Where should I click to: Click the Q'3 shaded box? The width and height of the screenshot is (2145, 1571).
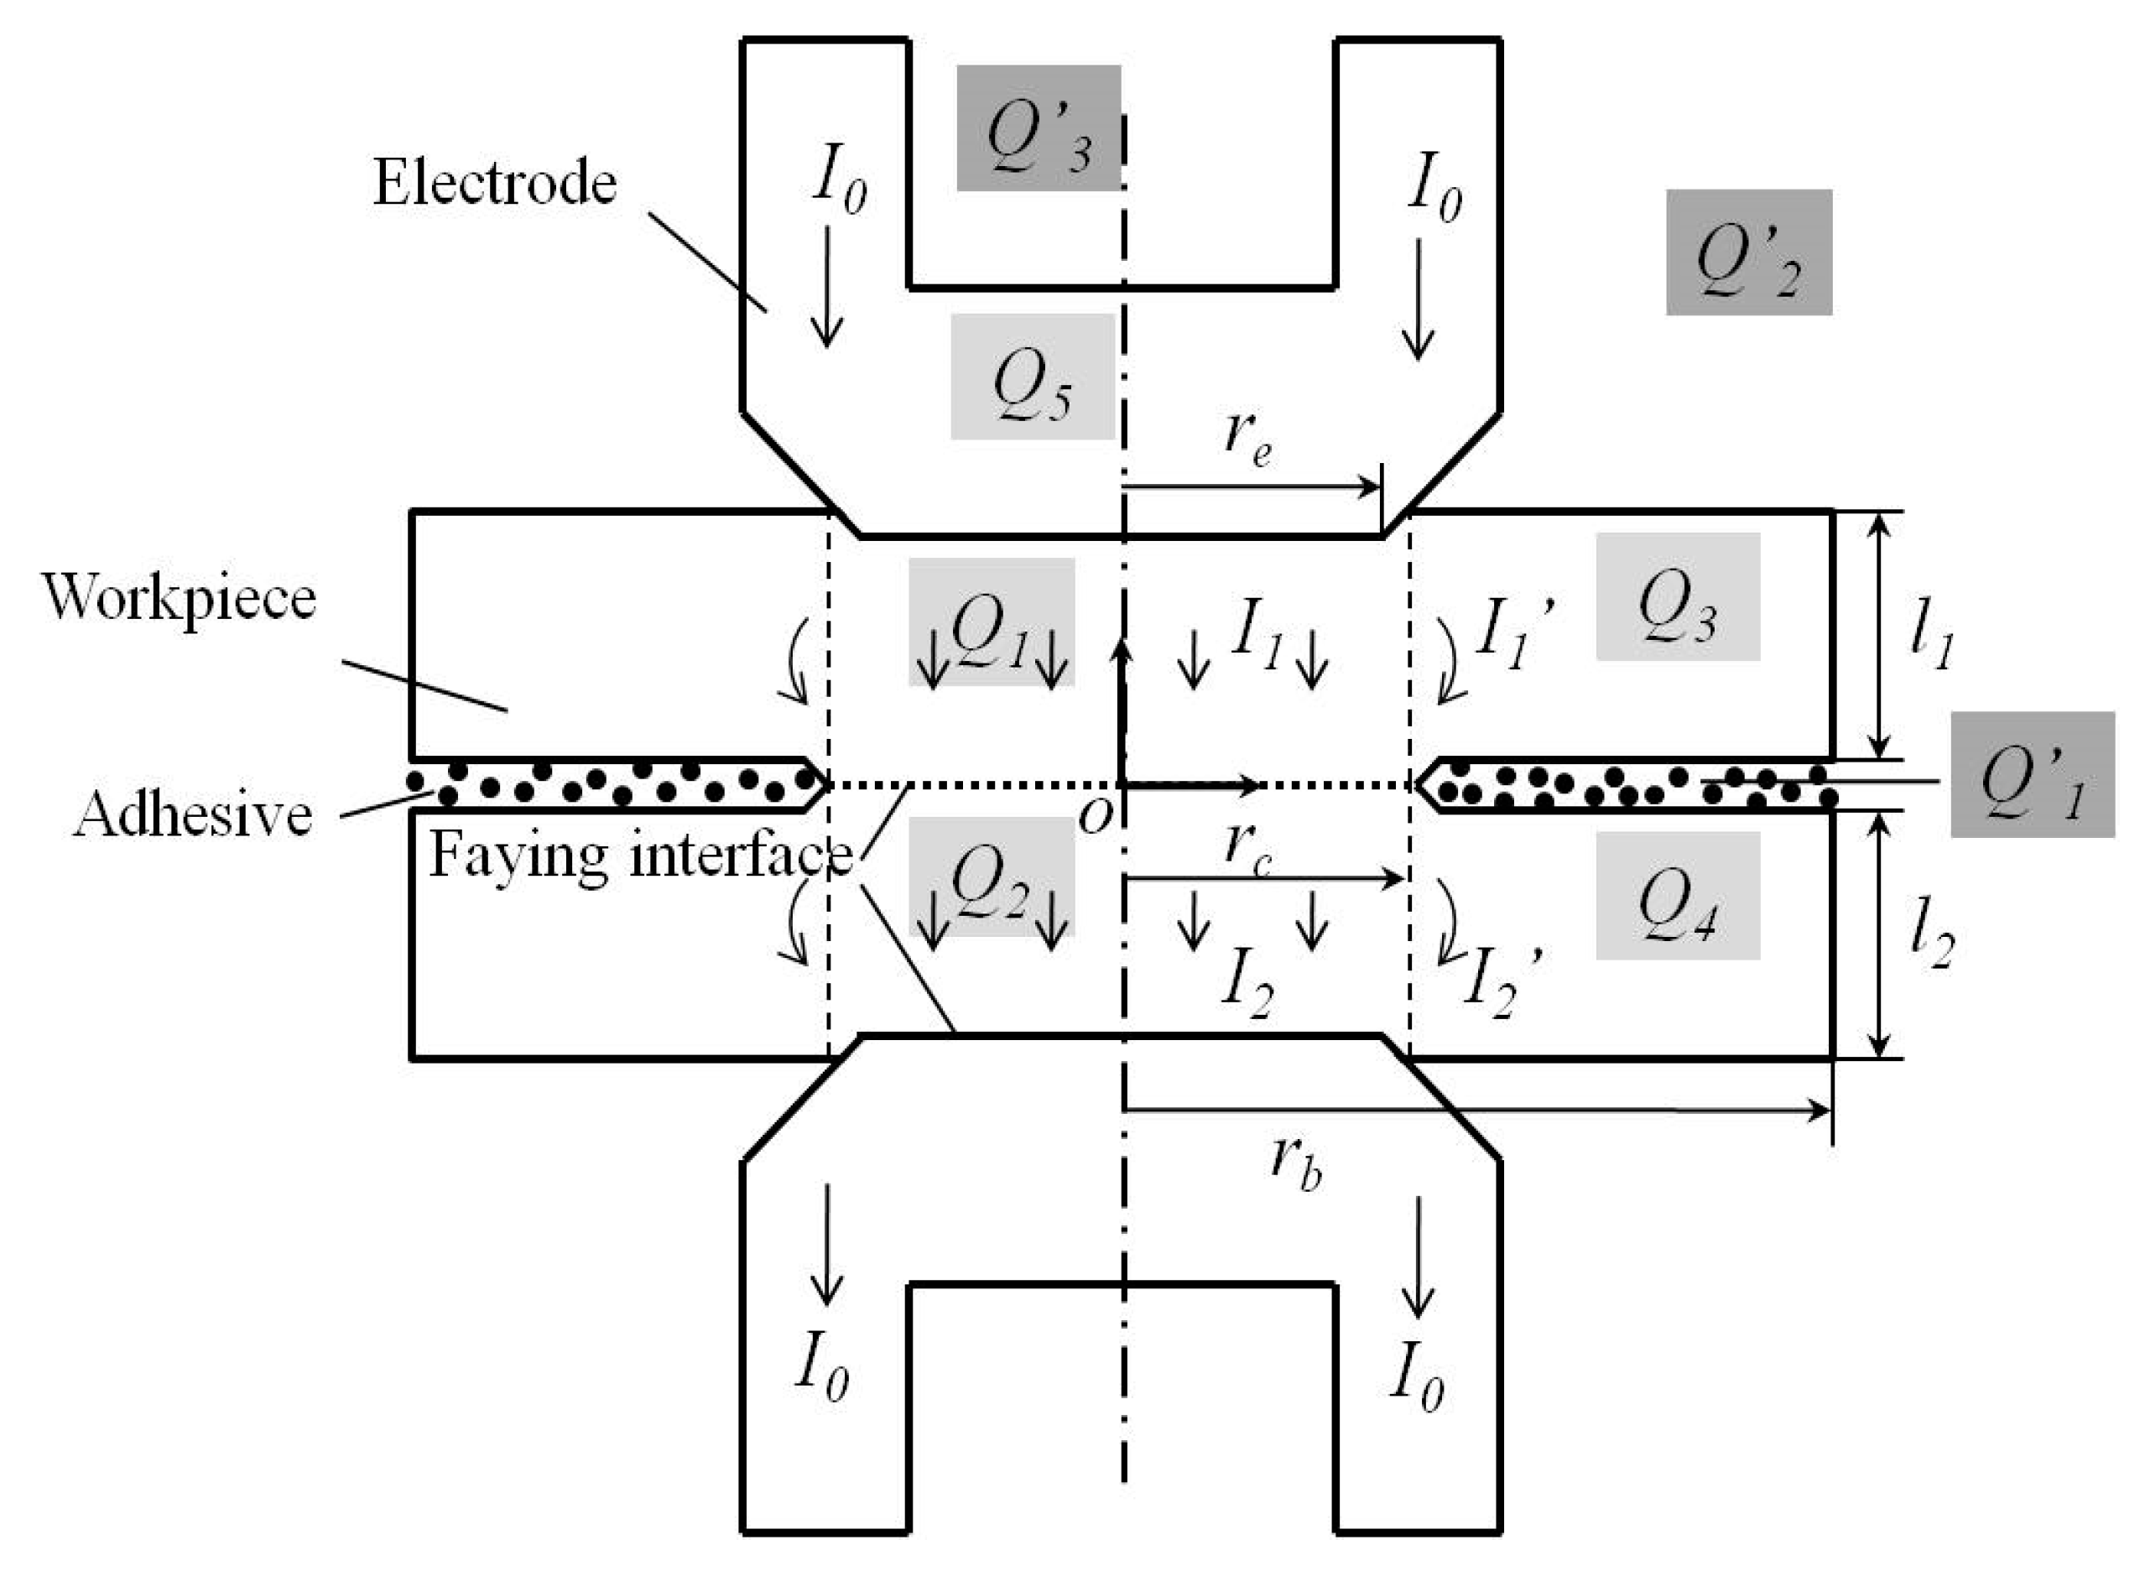point(1038,127)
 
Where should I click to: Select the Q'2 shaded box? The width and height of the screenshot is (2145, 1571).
point(1748,252)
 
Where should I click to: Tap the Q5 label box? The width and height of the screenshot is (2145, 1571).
point(1032,377)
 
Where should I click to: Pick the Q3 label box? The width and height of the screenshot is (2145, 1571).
point(1677,596)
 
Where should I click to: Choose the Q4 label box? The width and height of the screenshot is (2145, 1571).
point(1677,896)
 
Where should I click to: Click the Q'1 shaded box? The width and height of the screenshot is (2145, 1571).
point(2032,775)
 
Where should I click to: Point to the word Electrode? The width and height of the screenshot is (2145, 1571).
point(495,182)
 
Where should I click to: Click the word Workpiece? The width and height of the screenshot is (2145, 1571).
point(179,598)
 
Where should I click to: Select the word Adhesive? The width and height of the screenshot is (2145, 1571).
point(193,815)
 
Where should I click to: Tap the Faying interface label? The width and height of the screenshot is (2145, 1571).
point(640,855)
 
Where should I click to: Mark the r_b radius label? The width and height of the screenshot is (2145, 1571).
point(1295,1162)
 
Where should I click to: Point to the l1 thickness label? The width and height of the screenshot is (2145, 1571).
point(1932,639)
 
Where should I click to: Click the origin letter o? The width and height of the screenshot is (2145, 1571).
point(1095,816)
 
